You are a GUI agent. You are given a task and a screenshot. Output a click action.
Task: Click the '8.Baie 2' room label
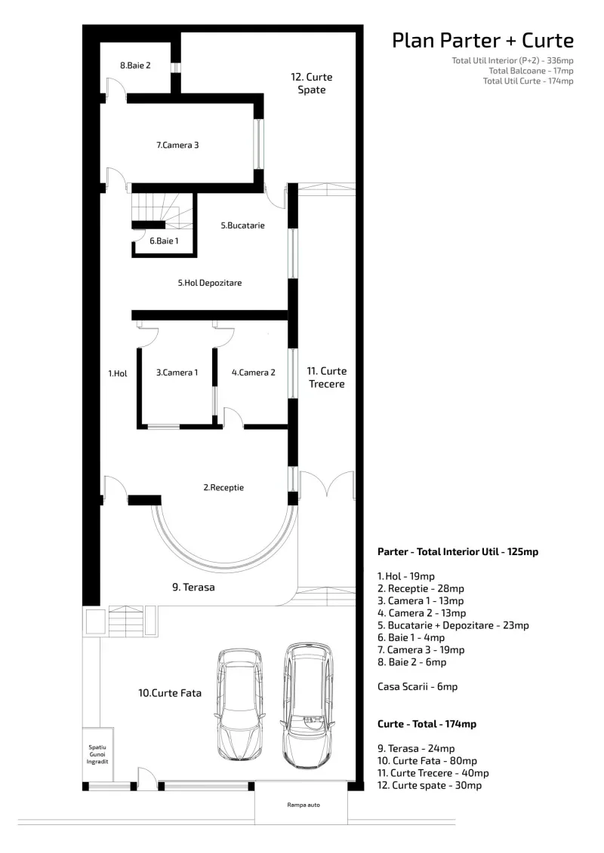(x=135, y=66)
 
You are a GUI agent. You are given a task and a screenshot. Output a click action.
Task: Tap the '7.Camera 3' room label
(x=177, y=146)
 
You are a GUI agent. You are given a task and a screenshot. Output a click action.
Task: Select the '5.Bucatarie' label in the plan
(x=242, y=226)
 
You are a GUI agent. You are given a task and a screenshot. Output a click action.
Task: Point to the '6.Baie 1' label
(x=164, y=241)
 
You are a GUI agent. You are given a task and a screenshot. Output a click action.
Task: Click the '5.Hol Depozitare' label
(x=210, y=283)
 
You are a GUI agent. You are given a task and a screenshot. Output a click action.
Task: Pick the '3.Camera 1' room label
(x=177, y=373)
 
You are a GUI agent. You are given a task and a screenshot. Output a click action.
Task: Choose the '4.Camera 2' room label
(x=253, y=373)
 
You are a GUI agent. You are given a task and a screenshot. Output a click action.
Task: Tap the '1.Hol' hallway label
(x=118, y=373)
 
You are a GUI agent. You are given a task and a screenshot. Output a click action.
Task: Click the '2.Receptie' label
(x=223, y=487)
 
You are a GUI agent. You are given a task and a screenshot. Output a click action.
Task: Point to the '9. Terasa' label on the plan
(x=193, y=587)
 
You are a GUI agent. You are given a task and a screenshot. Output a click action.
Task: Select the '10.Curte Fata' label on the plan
(x=170, y=693)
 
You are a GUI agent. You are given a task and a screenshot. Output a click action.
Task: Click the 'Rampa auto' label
(x=304, y=805)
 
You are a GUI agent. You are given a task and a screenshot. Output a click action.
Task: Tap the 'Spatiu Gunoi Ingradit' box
(x=97, y=754)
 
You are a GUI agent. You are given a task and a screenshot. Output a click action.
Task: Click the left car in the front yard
(x=239, y=704)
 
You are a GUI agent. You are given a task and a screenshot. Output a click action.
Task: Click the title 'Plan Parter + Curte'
(x=482, y=40)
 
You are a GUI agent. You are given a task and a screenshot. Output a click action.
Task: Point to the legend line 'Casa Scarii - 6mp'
(x=418, y=686)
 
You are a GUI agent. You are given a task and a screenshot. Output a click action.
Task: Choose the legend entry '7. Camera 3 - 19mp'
(x=421, y=649)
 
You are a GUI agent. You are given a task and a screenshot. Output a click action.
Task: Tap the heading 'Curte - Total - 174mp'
(x=427, y=724)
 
